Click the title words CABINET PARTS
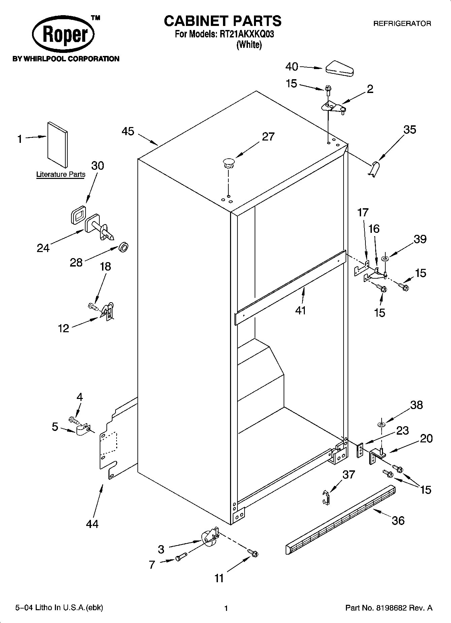(x=223, y=21)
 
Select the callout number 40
(x=292, y=67)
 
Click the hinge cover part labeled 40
(x=339, y=68)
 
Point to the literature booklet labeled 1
(x=58, y=144)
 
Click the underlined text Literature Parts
(x=61, y=175)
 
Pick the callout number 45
(x=128, y=131)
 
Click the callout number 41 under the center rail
(x=300, y=310)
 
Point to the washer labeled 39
(x=385, y=259)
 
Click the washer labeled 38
(x=381, y=424)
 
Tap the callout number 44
(x=92, y=524)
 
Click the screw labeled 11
(x=253, y=553)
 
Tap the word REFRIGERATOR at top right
(x=402, y=24)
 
